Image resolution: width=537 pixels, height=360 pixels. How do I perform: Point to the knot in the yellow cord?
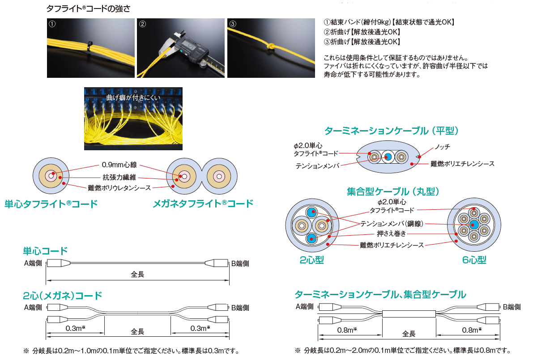pos(271,46)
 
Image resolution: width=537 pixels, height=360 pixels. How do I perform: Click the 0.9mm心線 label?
pos(119,165)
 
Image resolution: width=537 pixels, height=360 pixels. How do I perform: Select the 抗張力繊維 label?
pos(119,177)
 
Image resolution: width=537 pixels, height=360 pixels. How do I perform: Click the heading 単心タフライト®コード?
pos(51,204)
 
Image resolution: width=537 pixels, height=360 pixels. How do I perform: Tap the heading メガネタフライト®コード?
pos(203,203)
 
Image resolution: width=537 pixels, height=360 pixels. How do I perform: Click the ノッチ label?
pos(442,146)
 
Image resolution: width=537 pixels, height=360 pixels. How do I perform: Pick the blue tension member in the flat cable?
pos(388,157)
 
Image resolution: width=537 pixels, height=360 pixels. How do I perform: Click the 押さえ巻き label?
pos(391,233)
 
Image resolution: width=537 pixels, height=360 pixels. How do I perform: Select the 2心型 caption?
pos(311,260)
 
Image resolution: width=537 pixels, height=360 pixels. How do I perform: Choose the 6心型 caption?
pos(474,260)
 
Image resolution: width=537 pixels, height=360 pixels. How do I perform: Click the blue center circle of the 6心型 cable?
pos(474,224)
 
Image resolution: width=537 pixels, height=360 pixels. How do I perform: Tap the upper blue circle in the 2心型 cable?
pos(311,212)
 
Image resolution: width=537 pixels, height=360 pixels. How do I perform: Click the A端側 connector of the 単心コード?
pos(58,263)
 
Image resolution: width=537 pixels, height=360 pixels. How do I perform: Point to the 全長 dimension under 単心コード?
pos(137,275)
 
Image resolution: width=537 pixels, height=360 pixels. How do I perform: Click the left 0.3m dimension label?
pos(76,328)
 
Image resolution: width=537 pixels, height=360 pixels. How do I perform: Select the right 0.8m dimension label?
pos(472,330)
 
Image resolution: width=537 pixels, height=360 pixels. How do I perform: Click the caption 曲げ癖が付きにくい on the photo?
pos(133,98)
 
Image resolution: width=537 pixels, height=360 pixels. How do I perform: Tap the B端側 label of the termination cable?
pos(511,307)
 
